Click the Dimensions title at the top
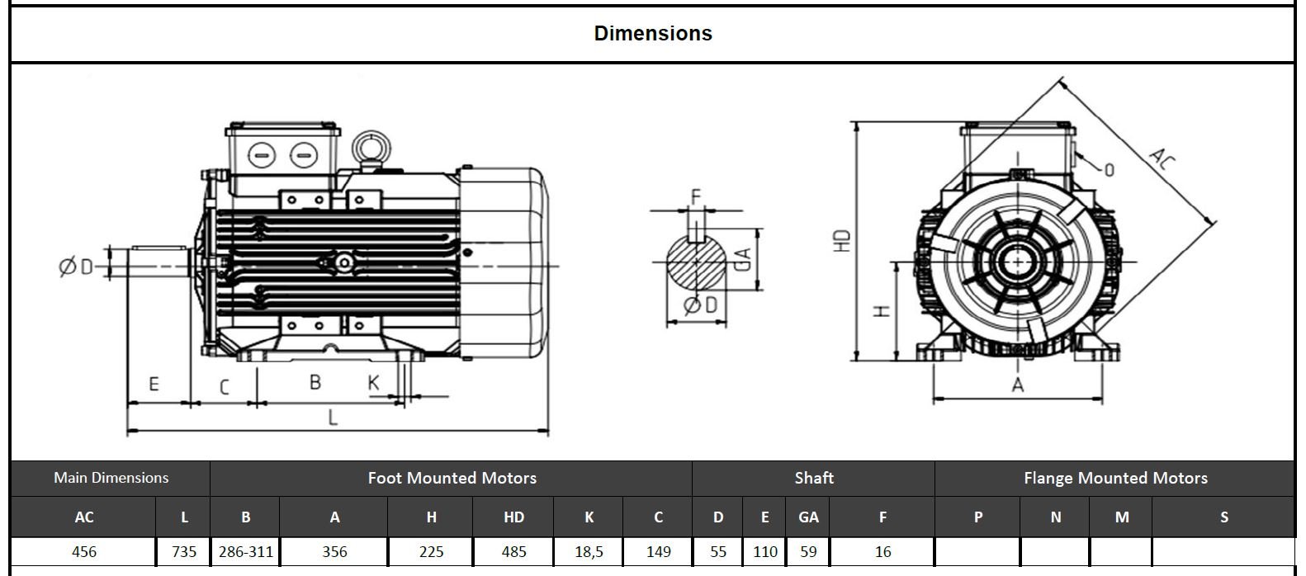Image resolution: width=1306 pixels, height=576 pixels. [x=652, y=34]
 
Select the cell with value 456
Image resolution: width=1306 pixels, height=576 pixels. [x=84, y=551]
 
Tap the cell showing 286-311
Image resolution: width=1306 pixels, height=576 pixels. [x=245, y=551]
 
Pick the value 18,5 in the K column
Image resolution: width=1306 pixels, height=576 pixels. [x=589, y=551]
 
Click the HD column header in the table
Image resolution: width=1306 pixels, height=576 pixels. [x=513, y=517]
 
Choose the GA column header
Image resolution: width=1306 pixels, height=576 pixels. [x=808, y=517]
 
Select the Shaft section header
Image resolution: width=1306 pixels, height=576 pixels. [x=813, y=478]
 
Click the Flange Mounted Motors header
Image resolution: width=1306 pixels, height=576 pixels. [x=1114, y=478]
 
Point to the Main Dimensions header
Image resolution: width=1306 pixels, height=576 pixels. [x=111, y=478]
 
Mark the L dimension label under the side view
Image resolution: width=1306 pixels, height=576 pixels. [x=333, y=418]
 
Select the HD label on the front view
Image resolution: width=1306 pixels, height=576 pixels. [x=841, y=240]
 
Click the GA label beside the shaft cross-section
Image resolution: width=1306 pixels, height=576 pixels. [x=742, y=259]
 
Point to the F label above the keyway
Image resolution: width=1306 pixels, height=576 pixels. [x=695, y=196]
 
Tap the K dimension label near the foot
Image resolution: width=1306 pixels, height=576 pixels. [x=373, y=383]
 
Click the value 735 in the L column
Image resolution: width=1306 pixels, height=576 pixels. [x=183, y=551]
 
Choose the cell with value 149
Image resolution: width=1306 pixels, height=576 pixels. [x=658, y=551]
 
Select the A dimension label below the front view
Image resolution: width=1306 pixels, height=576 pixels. [x=1017, y=385]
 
